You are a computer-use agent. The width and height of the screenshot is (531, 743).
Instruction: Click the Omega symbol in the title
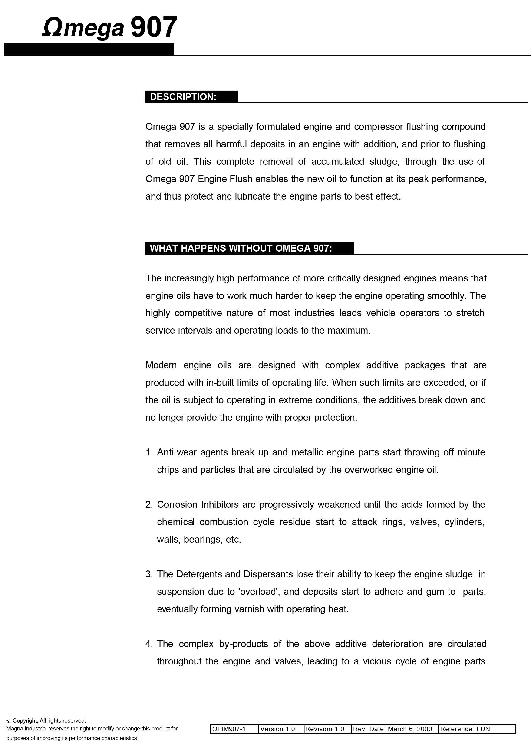click(x=52, y=27)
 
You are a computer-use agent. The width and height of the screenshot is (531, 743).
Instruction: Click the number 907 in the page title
click(x=154, y=27)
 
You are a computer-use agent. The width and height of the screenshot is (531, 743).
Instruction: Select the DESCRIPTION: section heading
click(x=183, y=97)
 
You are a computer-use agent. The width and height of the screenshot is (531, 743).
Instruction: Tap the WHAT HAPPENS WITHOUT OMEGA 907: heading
click(x=241, y=248)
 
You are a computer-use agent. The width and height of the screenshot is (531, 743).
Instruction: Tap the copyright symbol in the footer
click(x=9, y=721)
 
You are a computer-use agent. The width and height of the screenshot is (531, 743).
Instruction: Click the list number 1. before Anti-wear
click(x=149, y=452)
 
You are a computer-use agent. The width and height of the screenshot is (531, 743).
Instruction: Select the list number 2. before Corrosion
click(x=149, y=505)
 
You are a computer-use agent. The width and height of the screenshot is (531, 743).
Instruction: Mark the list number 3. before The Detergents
click(x=149, y=574)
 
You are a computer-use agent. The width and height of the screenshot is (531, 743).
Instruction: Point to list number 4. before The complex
click(x=149, y=644)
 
